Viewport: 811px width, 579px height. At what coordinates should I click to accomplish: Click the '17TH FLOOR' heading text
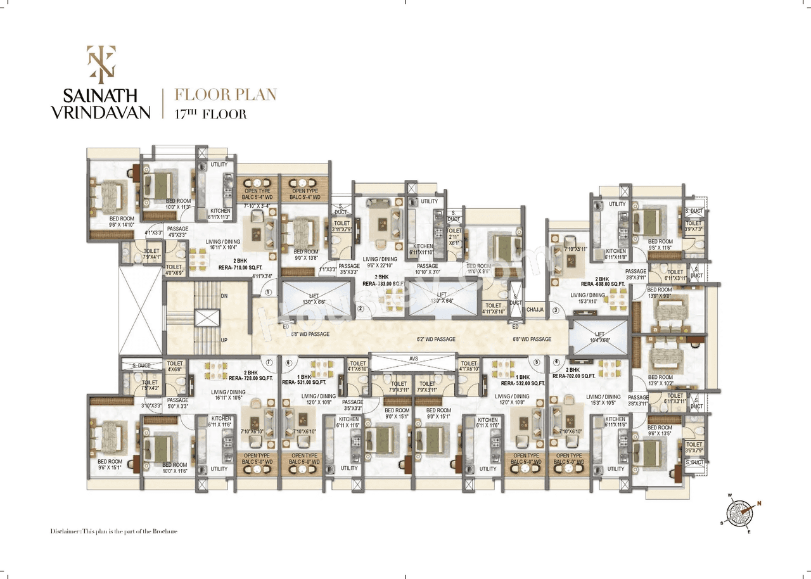210,115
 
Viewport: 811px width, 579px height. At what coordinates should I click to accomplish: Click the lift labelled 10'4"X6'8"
599,337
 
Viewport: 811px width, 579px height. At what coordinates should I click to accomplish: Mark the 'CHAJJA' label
535,310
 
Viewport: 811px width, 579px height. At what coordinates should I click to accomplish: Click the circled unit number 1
269,293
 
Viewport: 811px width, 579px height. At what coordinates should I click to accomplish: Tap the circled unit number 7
269,363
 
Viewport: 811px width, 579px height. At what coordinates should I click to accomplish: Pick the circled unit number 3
556,310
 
